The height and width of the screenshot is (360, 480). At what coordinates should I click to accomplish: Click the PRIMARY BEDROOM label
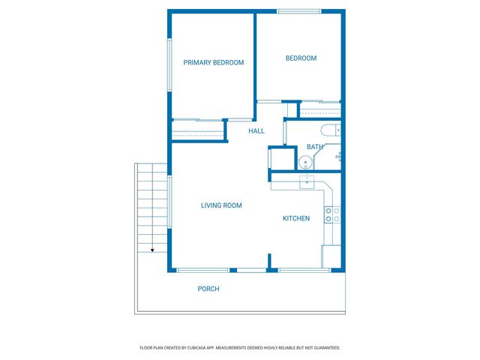coord(214,63)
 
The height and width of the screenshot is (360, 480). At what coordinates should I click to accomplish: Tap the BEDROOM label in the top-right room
coord(301,58)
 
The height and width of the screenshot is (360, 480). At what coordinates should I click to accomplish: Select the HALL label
coord(256,131)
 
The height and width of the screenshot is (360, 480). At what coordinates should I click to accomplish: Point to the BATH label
coord(314,147)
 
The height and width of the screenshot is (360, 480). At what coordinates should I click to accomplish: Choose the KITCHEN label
coord(296,218)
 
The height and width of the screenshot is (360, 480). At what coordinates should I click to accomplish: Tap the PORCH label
coord(208,289)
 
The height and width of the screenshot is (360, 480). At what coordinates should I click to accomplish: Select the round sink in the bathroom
coord(306,162)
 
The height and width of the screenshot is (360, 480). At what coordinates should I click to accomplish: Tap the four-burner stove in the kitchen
coord(331,215)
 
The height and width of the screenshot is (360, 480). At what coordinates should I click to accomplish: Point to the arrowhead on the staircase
coord(152,250)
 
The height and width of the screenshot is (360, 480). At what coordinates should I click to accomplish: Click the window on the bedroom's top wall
coord(299,11)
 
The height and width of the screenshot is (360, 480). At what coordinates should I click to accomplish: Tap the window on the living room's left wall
coord(169,201)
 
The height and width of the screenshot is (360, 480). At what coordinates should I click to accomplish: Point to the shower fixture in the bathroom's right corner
coord(338,157)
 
